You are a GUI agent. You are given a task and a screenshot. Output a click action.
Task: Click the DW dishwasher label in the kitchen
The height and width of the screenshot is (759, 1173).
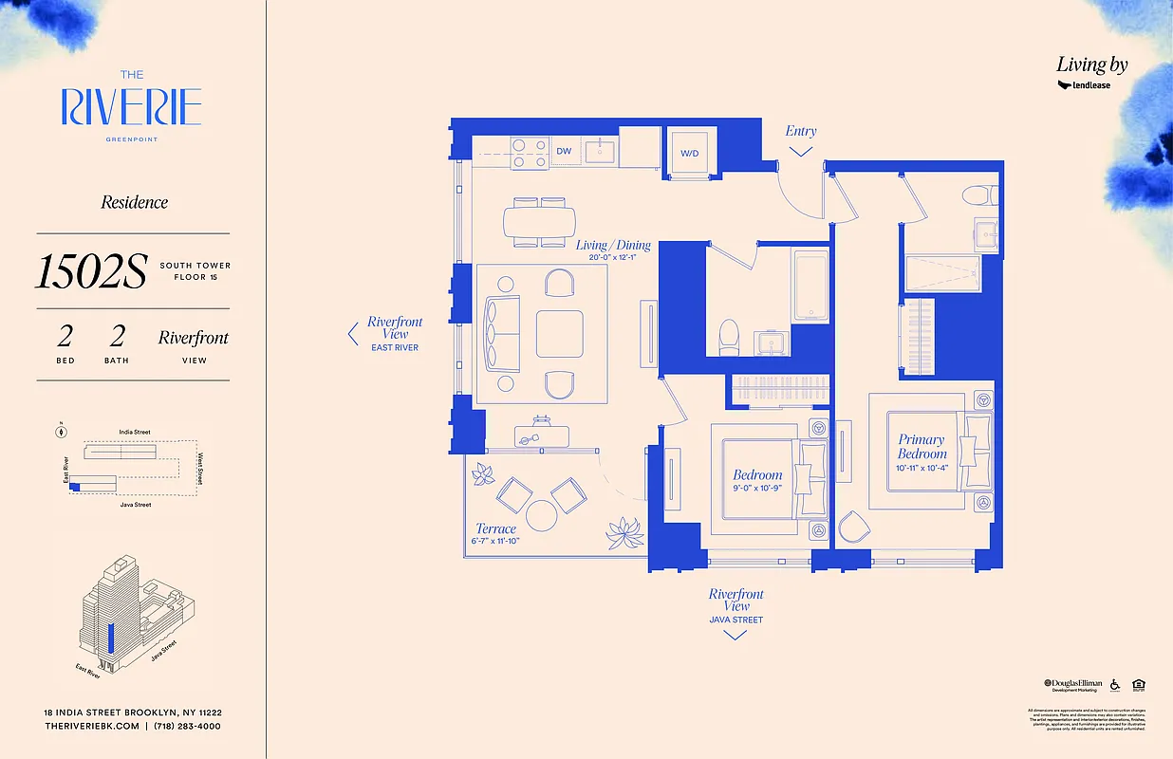564,151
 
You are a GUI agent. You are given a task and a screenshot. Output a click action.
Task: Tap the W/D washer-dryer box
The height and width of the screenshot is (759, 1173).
688,153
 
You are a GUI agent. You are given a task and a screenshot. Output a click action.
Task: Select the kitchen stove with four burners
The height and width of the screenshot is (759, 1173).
531,153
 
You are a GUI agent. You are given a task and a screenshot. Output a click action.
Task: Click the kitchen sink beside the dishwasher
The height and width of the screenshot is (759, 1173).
601,151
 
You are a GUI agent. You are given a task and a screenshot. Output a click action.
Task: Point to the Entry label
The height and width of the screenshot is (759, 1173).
801,131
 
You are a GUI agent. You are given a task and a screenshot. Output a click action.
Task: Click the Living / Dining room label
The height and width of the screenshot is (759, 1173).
613,245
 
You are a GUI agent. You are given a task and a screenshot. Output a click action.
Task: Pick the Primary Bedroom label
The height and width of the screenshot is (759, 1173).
922,446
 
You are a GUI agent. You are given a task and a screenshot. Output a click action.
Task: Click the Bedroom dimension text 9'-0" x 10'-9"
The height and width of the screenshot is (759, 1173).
757,488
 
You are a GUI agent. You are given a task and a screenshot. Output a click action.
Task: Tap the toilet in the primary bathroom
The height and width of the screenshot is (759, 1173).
977,195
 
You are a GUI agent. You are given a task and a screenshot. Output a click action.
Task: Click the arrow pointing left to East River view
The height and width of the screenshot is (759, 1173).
352,333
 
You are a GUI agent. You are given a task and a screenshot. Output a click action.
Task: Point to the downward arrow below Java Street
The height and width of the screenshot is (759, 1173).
735,635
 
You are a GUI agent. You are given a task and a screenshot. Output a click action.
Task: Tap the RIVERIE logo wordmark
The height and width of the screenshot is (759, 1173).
132,107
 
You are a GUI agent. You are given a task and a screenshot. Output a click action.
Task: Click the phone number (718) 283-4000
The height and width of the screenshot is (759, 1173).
189,726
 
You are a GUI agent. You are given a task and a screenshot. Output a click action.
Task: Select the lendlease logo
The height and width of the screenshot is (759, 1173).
1084,85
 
